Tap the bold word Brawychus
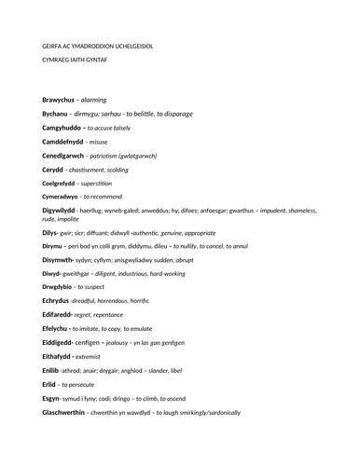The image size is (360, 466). pos(62,99)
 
